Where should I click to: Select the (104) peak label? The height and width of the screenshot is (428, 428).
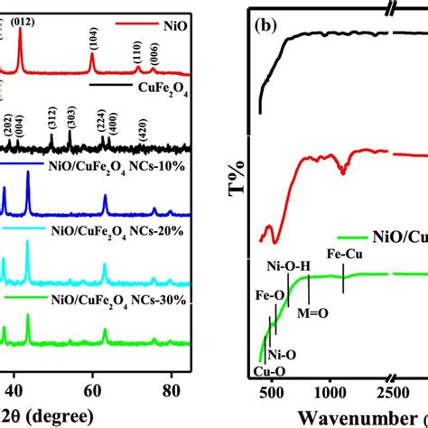93,36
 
